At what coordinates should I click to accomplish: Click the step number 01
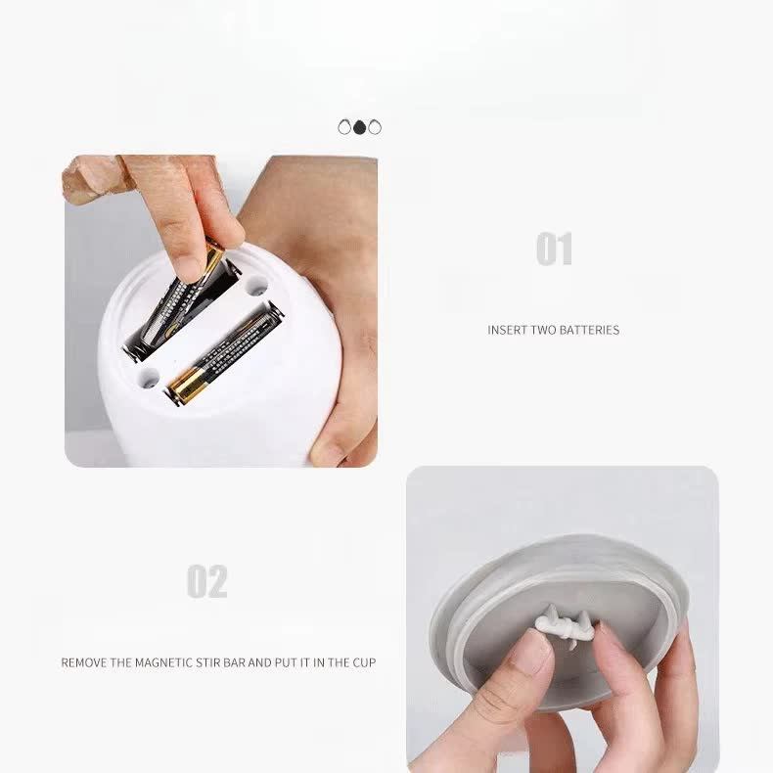[x=554, y=249]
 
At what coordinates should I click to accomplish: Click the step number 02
[x=207, y=581]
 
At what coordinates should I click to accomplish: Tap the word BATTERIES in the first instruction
[x=589, y=330]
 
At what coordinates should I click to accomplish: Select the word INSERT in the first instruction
[x=508, y=330]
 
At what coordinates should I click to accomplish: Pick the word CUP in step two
[x=364, y=662]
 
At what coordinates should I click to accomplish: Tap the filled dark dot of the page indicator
[x=359, y=127]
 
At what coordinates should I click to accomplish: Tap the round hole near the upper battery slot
[x=256, y=287]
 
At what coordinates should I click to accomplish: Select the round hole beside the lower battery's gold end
[x=148, y=377]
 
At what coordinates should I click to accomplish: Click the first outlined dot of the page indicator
[x=344, y=127]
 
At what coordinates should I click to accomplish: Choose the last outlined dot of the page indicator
[x=375, y=127]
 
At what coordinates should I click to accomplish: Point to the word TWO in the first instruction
[x=544, y=330]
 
